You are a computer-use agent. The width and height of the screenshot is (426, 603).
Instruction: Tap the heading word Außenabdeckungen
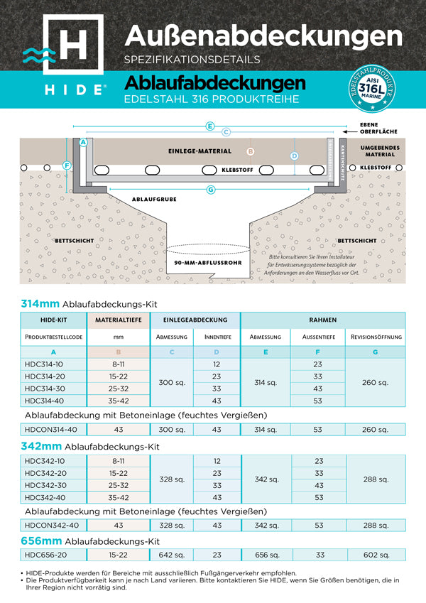click(x=268, y=33)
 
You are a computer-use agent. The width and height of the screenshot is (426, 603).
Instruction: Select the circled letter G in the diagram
click(x=211, y=189)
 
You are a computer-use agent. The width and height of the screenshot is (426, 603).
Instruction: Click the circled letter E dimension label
click(x=209, y=126)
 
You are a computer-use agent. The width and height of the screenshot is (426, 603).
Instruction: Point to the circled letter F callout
click(x=67, y=165)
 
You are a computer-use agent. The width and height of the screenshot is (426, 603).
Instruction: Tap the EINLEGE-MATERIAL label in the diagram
click(x=200, y=151)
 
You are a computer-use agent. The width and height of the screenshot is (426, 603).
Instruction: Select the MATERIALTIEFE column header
click(x=118, y=320)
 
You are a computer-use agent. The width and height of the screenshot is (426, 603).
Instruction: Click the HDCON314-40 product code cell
click(x=50, y=428)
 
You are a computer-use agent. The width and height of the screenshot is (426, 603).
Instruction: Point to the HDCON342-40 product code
click(x=50, y=525)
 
